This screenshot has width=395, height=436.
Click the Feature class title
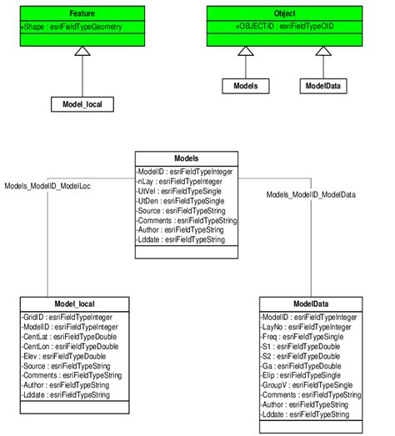pyautogui.click(x=81, y=14)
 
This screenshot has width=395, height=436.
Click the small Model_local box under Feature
pyautogui.click(x=81, y=104)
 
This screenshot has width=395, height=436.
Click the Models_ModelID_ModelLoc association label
pyautogui.click(x=47, y=185)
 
